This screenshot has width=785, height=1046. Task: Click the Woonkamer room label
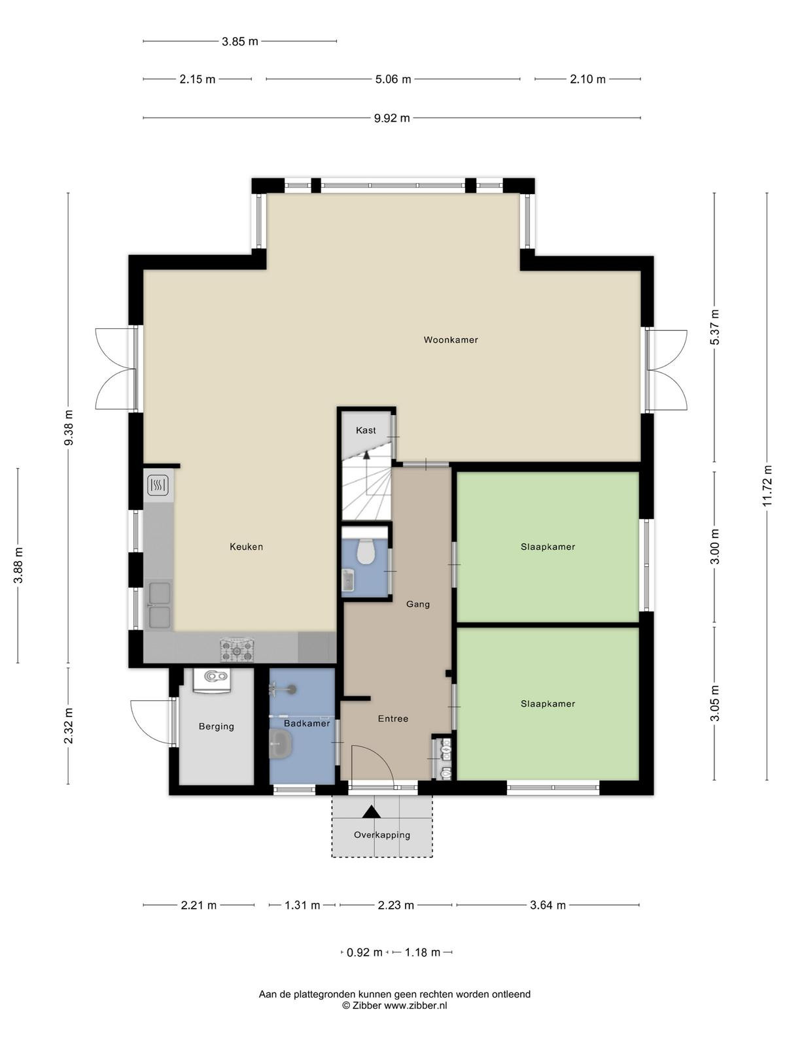pos(451,340)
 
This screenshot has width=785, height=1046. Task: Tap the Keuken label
pos(247,547)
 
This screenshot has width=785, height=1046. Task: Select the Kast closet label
pos(366,430)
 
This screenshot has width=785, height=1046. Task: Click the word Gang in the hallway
pos(418,604)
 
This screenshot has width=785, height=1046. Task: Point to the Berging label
pos(217,726)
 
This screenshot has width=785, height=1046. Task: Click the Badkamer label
pos(307,724)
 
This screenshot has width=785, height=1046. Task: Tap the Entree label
pos(393,718)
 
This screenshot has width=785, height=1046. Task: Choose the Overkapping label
pos(382,835)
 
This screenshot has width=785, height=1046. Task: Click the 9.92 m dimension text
pos(392,118)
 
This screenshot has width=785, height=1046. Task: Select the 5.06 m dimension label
pos(393,80)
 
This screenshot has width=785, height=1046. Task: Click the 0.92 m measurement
pos(364,952)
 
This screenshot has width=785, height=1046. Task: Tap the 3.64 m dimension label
pos(548,905)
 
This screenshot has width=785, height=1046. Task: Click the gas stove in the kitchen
pos(237,650)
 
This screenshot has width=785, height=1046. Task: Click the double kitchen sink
pos(160,605)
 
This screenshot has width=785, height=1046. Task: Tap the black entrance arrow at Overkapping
pos(371,811)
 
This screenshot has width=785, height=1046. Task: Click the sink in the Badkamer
pos(281,744)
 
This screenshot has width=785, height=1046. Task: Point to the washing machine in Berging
pos(211,680)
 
